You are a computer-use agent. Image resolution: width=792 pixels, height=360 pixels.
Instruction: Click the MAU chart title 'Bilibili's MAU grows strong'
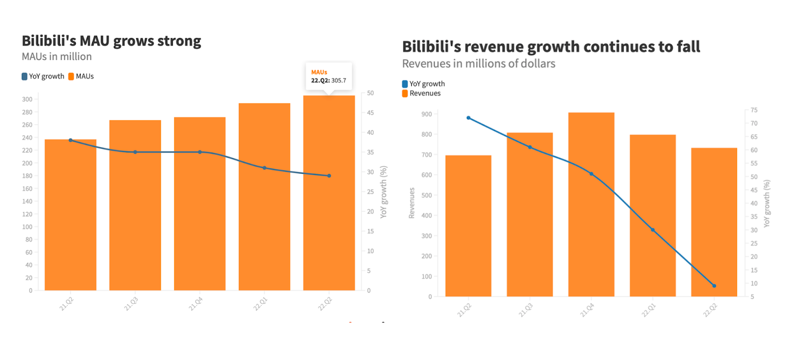[x=111, y=41]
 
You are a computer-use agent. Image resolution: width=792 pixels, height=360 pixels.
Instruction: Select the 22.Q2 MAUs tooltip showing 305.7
[x=329, y=76]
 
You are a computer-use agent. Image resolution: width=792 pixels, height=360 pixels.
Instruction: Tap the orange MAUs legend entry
[x=81, y=76]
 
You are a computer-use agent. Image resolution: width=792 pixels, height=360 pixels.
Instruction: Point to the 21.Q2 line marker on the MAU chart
[x=71, y=140]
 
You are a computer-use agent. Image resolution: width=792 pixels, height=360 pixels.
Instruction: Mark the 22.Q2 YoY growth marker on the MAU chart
[x=329, y=176]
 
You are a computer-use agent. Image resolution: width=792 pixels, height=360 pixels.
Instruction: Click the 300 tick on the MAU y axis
[x=27, y=99]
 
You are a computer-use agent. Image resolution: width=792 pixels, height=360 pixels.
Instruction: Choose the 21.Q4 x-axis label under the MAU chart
[x=196, y=304]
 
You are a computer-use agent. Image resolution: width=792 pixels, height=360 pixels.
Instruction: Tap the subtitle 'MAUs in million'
[x=56, y=56]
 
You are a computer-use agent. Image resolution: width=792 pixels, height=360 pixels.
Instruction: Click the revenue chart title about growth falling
[x=551, y=47]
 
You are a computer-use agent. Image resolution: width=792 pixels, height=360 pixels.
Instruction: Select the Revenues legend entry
[x=421, y=93]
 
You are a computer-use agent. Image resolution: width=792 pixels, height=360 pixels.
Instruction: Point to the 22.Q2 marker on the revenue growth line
[x=714, y=286]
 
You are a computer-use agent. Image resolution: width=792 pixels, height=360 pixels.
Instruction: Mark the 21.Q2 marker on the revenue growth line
[x=468, y=118]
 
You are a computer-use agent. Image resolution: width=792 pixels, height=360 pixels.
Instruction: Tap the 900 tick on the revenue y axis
[x=426, y=114]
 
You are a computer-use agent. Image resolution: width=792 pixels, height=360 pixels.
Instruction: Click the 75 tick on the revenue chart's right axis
[x=754, y=110]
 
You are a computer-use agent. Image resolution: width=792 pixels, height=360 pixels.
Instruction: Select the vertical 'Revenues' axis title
[x=411, y=203]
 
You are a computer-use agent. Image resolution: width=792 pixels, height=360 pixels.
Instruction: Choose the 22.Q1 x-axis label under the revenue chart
[x=648, y=310]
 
